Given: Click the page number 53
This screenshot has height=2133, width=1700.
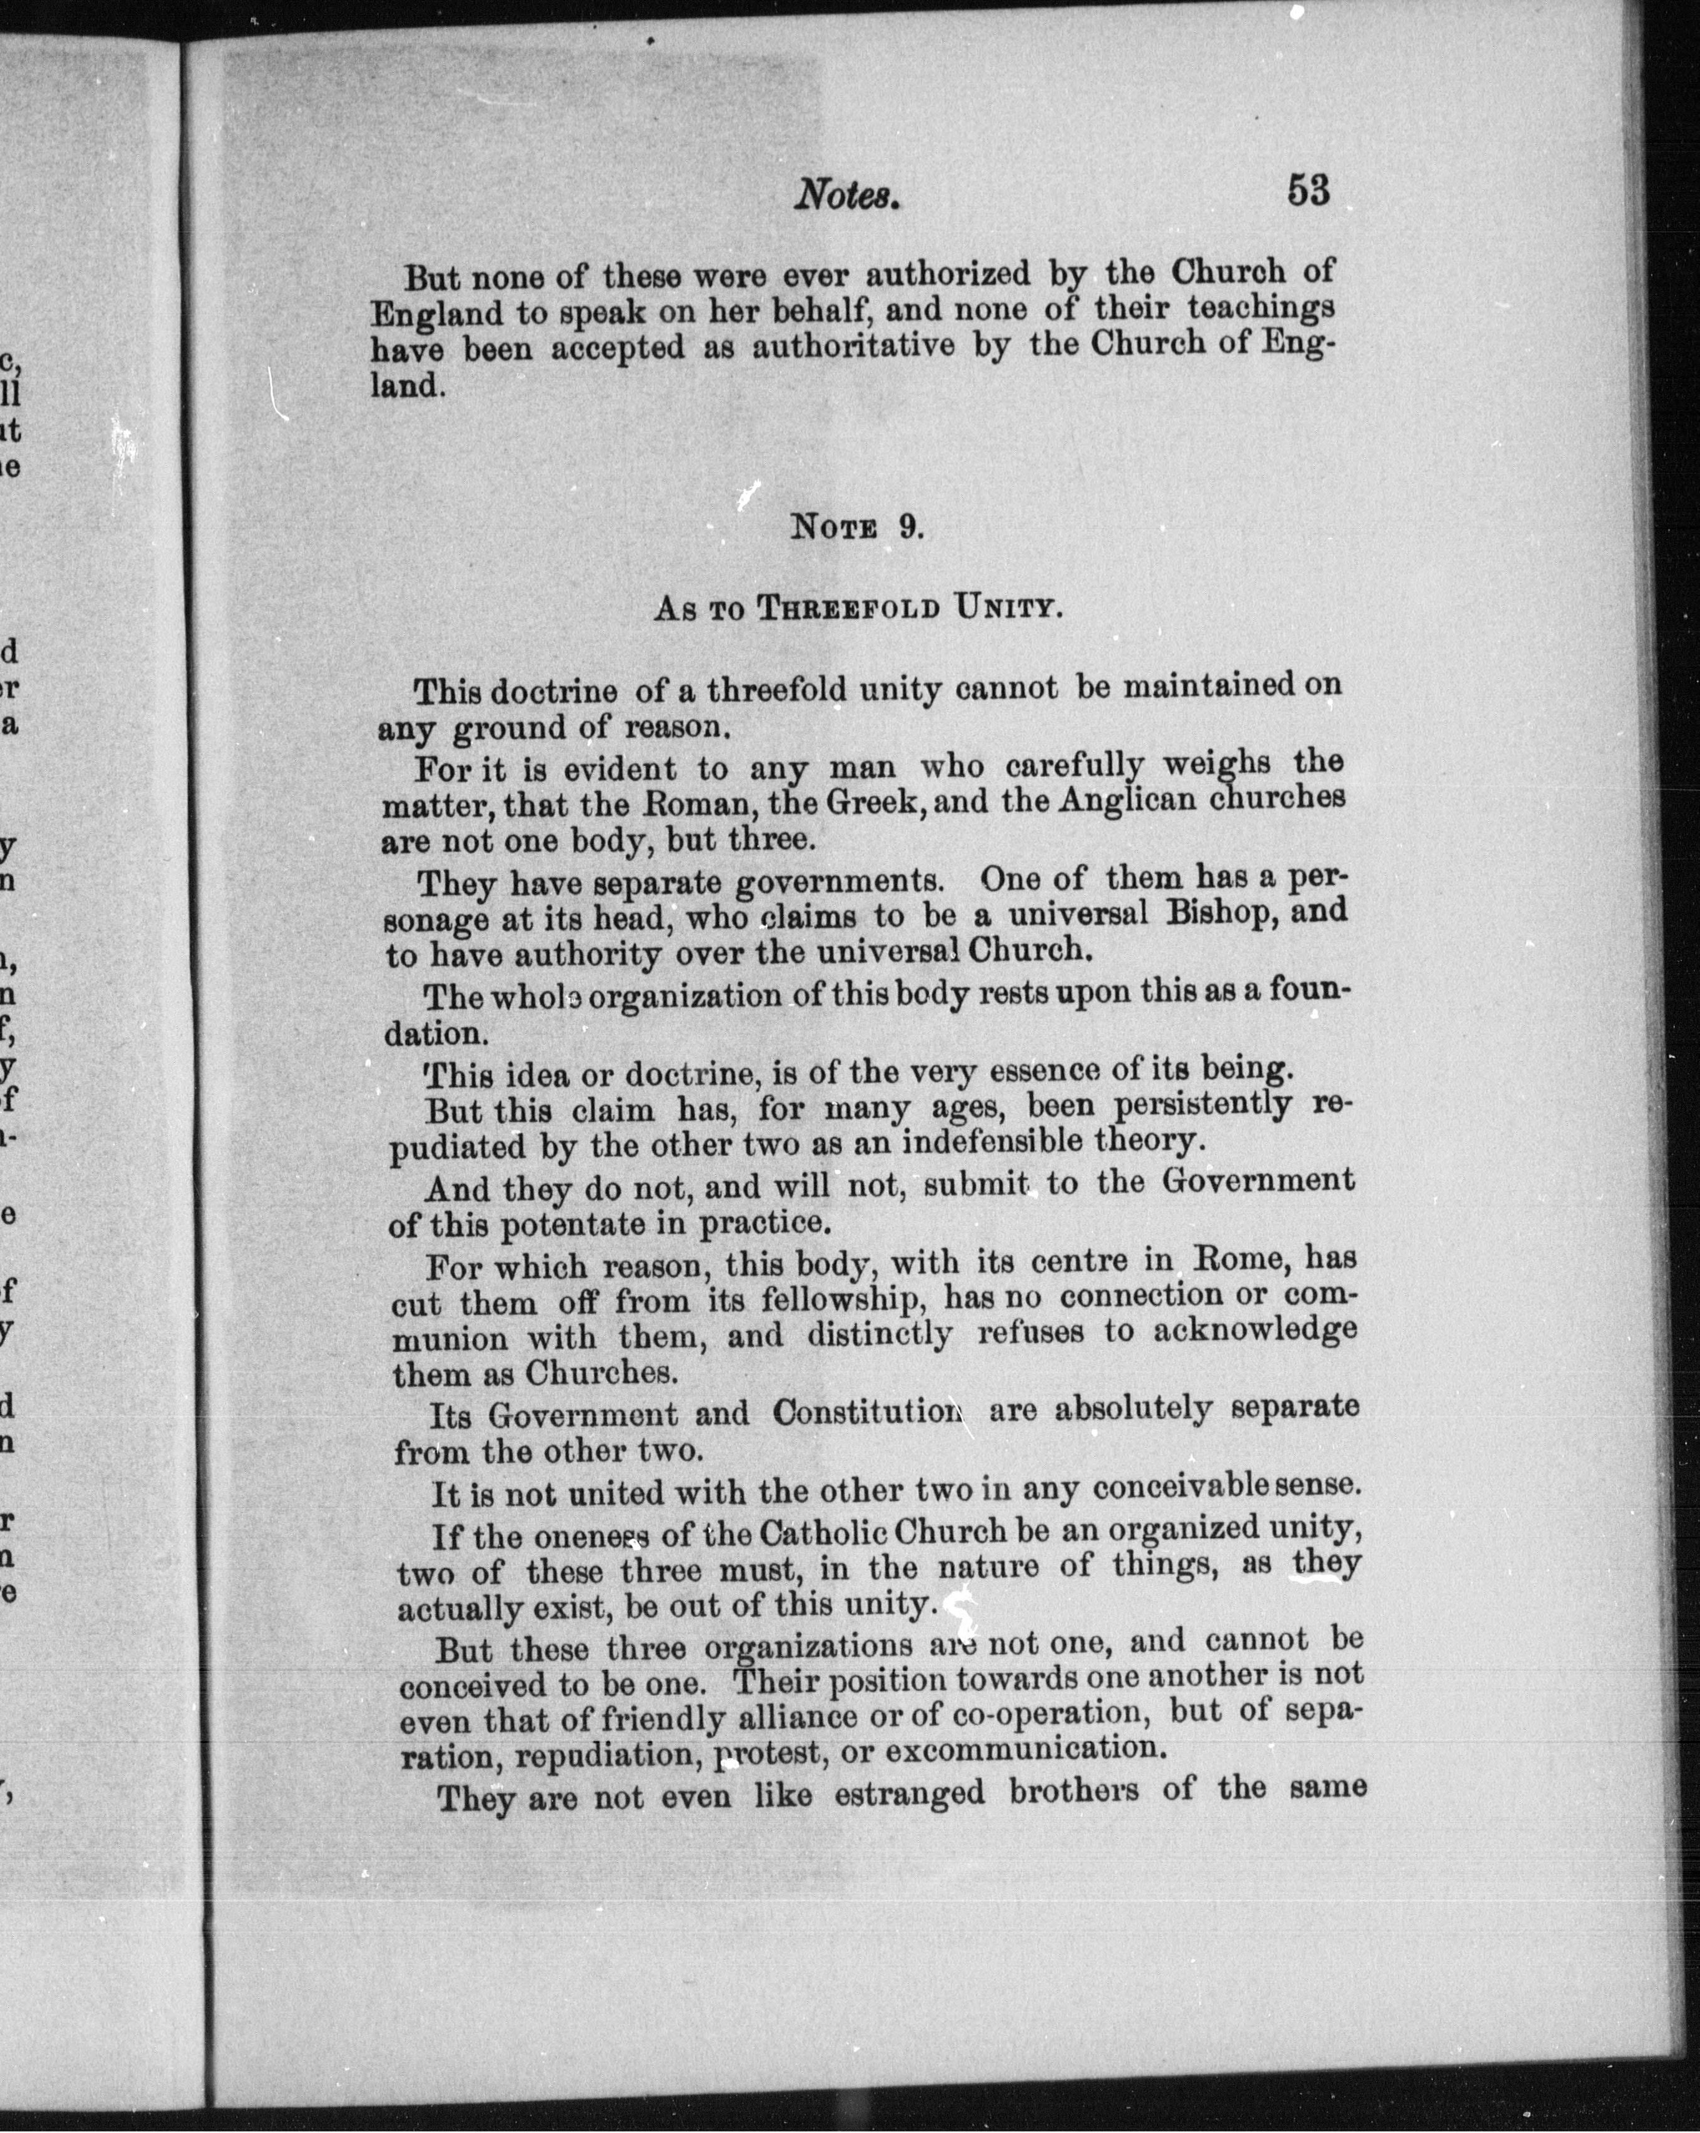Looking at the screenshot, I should [1308, 189].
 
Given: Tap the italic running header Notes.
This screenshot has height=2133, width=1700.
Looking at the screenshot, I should [849, 195].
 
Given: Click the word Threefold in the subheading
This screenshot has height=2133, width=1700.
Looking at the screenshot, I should [848, 608].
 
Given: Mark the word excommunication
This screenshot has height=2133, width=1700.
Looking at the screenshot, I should [1020, 1748].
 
